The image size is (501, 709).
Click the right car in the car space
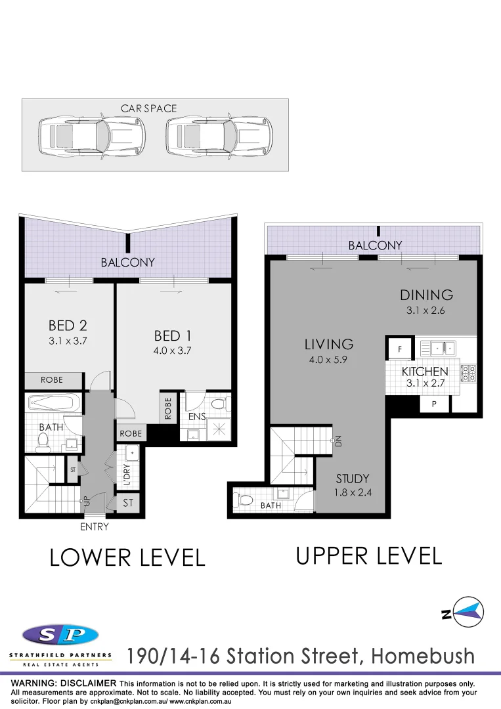pos(218,137)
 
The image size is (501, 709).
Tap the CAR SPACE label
pos(149,108)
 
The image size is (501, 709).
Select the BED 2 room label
pos(68,325)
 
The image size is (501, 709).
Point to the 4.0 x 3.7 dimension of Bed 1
pos(172,351)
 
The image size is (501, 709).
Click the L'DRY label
pos(127,474)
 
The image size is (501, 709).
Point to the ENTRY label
pos(94,526)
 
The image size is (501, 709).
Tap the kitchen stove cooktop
pos(469,373)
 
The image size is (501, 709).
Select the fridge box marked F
pos(399,349)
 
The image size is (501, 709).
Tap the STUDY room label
pos(352,479)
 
